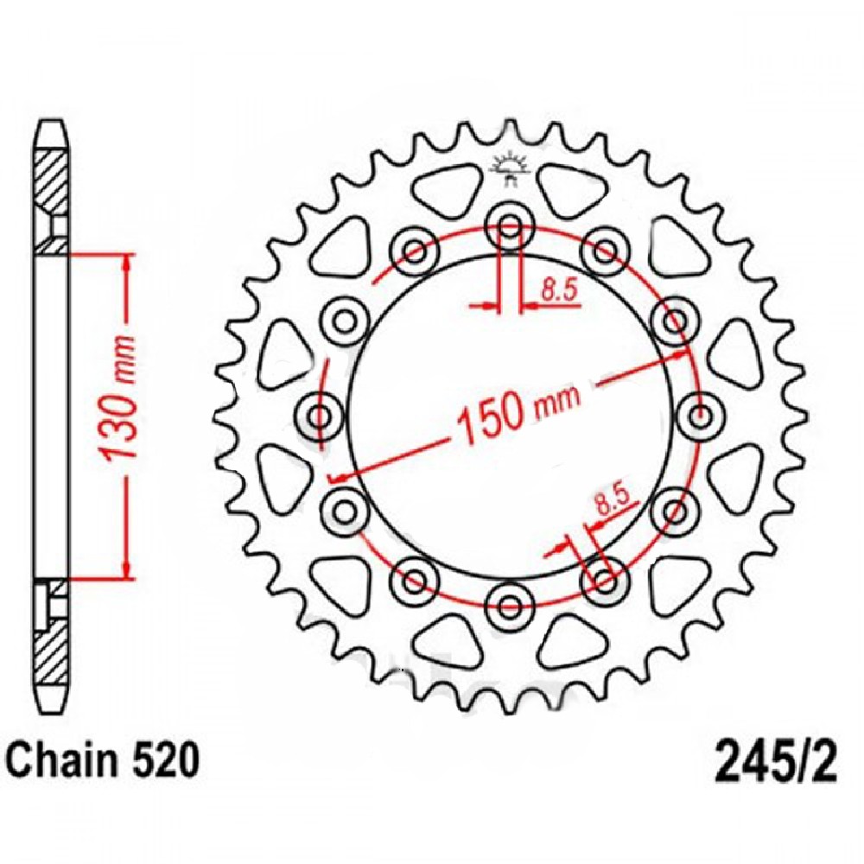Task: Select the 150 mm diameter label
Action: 515,414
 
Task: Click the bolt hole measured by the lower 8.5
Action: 606,583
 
